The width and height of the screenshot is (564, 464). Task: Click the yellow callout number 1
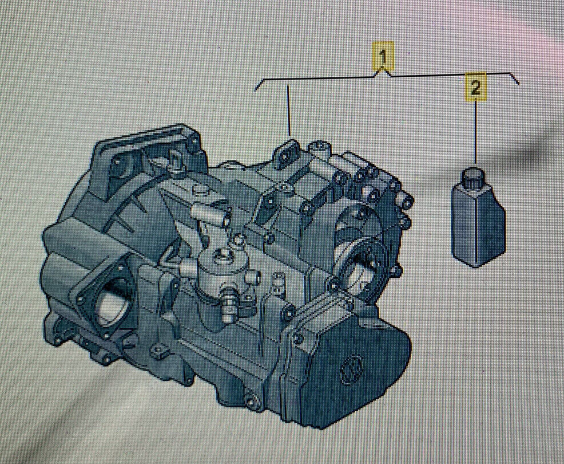(383, 57)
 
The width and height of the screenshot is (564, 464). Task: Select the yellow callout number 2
(475, 87)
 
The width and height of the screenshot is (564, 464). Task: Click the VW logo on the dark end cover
(351, 369)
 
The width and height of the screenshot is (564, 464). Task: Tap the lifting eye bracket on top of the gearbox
(287, 154)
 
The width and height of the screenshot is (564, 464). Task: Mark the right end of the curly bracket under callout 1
(518, 84)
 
